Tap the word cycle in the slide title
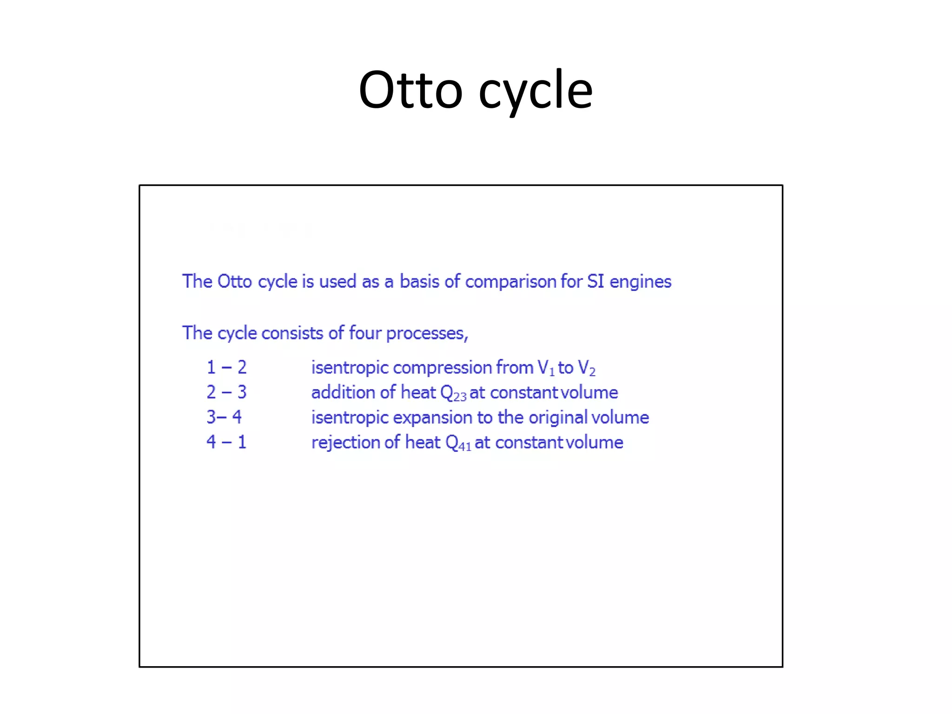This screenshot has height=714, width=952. point(535,91)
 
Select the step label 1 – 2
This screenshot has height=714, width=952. point(226,368)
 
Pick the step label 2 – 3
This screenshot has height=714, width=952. point(226,392)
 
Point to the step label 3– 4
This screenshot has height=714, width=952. point(224,417)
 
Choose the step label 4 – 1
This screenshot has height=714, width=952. point(226,442)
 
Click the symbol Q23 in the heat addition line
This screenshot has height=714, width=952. point(453,393)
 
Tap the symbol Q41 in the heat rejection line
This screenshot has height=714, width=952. point(458,443)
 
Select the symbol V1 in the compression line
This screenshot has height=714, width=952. point(546,368)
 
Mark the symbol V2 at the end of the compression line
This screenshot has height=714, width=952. point(586,368)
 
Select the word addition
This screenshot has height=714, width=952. point(343,392)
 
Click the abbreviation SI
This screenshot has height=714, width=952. point(595,281)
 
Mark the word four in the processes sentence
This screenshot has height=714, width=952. point(365,333)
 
